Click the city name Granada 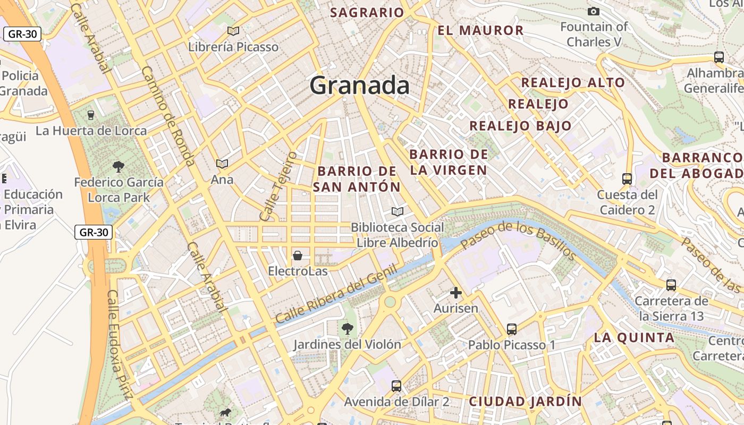coord(359,85)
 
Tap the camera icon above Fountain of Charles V coord(594,11)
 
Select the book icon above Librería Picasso coord(233,31)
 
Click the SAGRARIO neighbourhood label coord(367,13)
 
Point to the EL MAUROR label coord(480,30)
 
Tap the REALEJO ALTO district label coord(573,82)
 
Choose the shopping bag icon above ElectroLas coord(298,256)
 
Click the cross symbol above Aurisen coord(455,293)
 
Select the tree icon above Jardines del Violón coord(348,328)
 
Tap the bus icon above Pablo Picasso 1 coord(511,329)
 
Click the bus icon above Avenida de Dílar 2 coord(396,386)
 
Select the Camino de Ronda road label coord(169,116)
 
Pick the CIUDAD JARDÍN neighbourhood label coord(525,401)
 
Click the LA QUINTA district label coord(634,337)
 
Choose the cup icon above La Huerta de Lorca coord(91,115)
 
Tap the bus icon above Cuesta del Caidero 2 coord(627,179)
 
